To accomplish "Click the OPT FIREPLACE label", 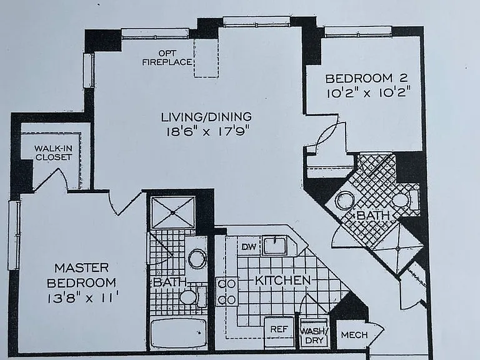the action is pyautogui.click(x=167, y=58).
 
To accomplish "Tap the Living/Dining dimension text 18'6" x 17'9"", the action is pyautogui.click(x=206, y=132).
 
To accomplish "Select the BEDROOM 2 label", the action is pyautogui.click(x=366, y=78).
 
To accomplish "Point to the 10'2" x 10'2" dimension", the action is pyautogui.click(x=368, y=92).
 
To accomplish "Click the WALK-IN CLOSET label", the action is pyautogui.click(x=54, y=152).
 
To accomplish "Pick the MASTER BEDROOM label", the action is pyautogui.click(x=81, y=275).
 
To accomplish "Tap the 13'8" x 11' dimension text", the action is pyautogui.click(x=83, y=297).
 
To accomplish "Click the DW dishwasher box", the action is pyautogui.click(x=249, y=246).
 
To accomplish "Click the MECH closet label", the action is pyautogui.click(x=354, y=335).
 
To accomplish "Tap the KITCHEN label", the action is pyautogui.click(x=283, y=281).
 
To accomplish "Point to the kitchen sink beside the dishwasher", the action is pyautogui.click(x=276, y=246).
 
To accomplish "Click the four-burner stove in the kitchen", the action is pyautogui.click(x=227, y=291).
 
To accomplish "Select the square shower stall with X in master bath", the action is pyautogui.click(x=173, y=212).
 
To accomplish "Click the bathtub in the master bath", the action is pyautogui.click(x=179, y=334).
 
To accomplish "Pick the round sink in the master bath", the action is pyautogui.click(x=197, y=258).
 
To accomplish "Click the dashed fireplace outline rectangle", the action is pyautogui.click(x=206, y=57).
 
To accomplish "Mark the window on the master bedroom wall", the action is pyautogui.click(x=14, y=235).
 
